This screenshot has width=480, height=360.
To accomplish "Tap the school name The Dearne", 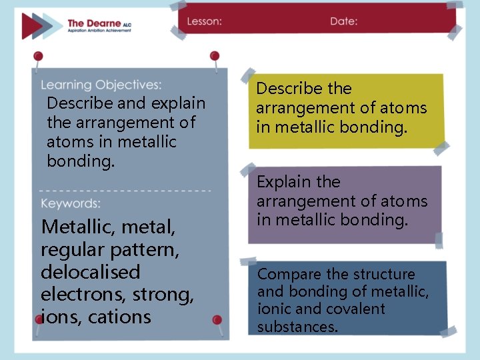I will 93,23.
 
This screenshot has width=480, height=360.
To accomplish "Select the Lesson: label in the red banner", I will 204,21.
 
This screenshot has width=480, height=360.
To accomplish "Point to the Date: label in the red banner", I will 343,21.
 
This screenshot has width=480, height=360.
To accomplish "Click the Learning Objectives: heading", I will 101,85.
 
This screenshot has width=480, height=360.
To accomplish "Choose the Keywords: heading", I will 71,203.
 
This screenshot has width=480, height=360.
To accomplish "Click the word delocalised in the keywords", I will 91,272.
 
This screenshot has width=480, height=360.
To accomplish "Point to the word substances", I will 297,327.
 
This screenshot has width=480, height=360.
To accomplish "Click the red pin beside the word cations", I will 217,321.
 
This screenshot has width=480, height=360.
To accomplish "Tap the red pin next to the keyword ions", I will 39,319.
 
